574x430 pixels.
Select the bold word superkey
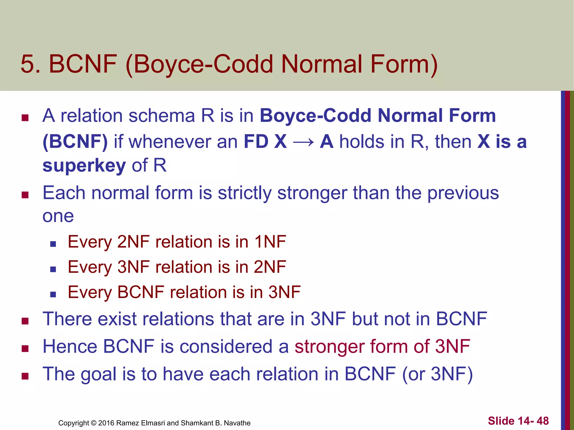[x=84, y=165]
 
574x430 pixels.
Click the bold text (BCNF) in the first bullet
[x=75, y=142]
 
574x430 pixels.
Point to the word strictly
[x=244, y=193]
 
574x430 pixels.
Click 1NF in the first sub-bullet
[x=270, y=242]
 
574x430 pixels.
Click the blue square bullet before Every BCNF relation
[x=53, y=294]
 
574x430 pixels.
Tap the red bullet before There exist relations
[x=25, y=321]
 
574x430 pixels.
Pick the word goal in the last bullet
[x=98, y=374]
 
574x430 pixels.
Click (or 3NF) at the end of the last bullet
[x=438, y=374]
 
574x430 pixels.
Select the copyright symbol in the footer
[x=94, y=423]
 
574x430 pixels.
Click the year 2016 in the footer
[x=106, y=423]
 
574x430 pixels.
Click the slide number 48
[x=543, y=421]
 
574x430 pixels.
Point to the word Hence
[x=70, y=347]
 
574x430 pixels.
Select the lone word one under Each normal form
[x=58, y=216]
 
